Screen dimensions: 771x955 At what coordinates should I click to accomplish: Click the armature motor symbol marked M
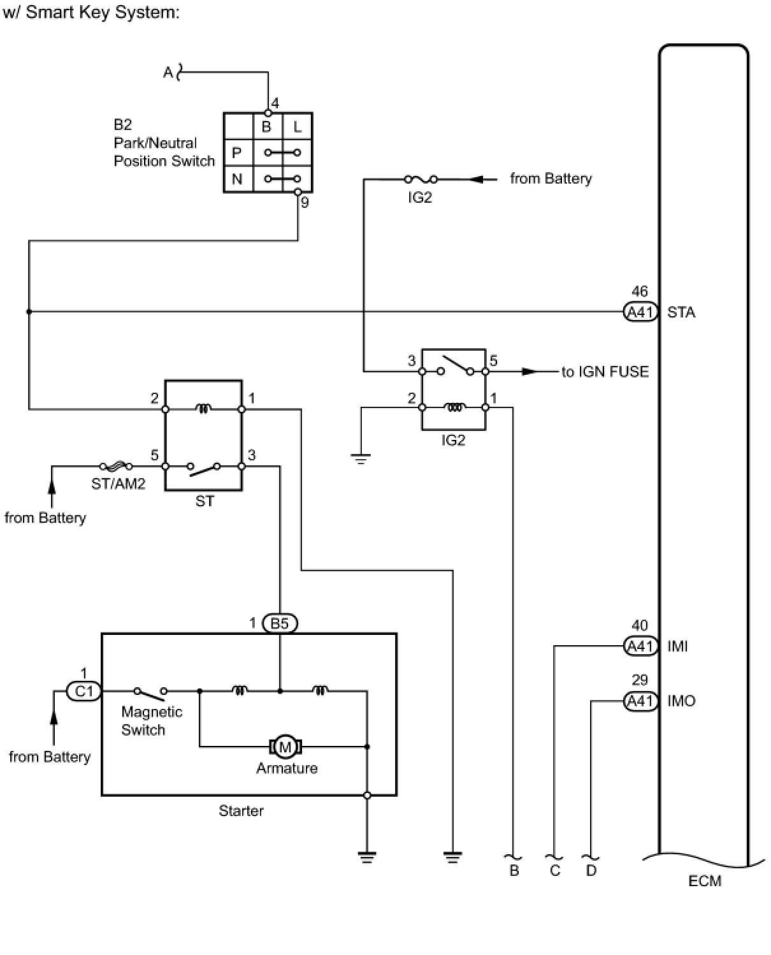coord(285,747)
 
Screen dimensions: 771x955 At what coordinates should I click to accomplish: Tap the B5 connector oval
coord(280,623)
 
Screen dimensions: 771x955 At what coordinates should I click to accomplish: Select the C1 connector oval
coord(84,691)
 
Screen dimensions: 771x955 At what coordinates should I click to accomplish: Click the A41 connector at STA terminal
coord(640,312)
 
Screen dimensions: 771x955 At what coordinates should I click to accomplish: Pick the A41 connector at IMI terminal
coord(640,646)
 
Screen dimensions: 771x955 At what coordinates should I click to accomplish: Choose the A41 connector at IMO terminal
coord(640,701)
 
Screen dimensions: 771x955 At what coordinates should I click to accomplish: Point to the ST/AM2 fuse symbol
coord(117,466)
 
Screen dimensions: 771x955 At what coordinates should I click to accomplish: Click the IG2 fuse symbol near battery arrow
coord(421,179)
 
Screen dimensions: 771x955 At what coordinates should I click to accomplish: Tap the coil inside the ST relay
coord(203,409)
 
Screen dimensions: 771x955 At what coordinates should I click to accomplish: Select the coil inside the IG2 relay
coord(454,407)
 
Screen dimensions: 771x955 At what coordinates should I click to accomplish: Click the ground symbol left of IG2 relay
coord(361,458)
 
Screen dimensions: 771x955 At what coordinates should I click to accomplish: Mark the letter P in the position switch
coord(236,153)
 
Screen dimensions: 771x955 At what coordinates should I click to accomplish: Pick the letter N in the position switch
coord(237,179)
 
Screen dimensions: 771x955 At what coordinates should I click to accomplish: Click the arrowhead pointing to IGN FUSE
coord(529,371)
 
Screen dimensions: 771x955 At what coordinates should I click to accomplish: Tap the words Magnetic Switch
coord(152,720)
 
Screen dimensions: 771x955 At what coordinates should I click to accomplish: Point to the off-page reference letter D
coord(591,870)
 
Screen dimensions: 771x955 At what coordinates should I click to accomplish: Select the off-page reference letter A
coord(168,72)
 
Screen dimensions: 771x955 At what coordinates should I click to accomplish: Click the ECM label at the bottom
coord(705,881)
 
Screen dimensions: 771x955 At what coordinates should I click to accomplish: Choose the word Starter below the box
coord(241,811)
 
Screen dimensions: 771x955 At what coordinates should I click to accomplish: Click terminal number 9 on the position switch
coord(305,203)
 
